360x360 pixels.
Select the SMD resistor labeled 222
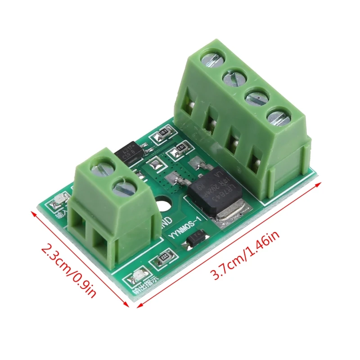(x=162, y=259)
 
